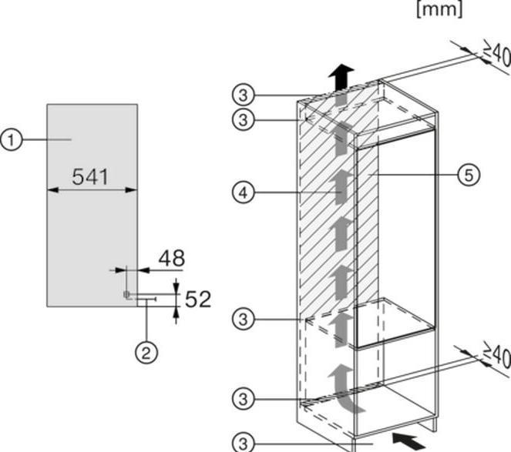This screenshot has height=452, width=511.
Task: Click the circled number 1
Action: [x=12, y=139]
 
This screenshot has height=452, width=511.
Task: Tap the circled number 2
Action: [x=146, y=353]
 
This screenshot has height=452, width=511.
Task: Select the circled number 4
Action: [x=244, y=193]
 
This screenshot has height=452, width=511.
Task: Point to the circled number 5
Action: [x=469, y=176]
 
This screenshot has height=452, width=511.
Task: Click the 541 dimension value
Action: [x=90, y=177]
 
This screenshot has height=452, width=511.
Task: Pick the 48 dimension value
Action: [x=172, y=258]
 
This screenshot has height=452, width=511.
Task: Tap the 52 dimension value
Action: [x=198, y=299]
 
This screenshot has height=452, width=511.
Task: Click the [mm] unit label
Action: [x=439, y=9]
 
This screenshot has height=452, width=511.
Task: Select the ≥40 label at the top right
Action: [x=496, y=53]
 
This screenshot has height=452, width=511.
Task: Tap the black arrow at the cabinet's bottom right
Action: [x=409, y=441]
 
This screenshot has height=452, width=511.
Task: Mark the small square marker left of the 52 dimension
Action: [x=126, y=294]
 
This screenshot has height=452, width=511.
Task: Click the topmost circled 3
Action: [x=244, y=95]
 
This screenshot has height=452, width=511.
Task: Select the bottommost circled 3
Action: [x=244, y=444]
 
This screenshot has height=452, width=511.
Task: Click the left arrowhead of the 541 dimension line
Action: [x=52, y=190]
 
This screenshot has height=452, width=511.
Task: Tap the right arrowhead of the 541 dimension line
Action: [x=131, y=190]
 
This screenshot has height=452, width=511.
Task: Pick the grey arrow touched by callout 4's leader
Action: [x=341, y=187]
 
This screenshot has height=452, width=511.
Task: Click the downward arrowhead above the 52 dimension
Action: [x=176, y=286]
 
